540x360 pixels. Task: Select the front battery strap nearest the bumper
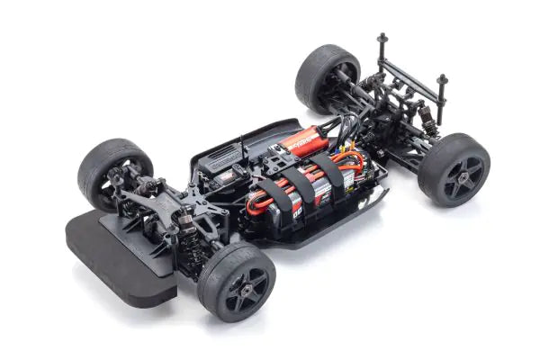(272, 201)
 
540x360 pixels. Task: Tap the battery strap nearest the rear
(330, 171)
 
